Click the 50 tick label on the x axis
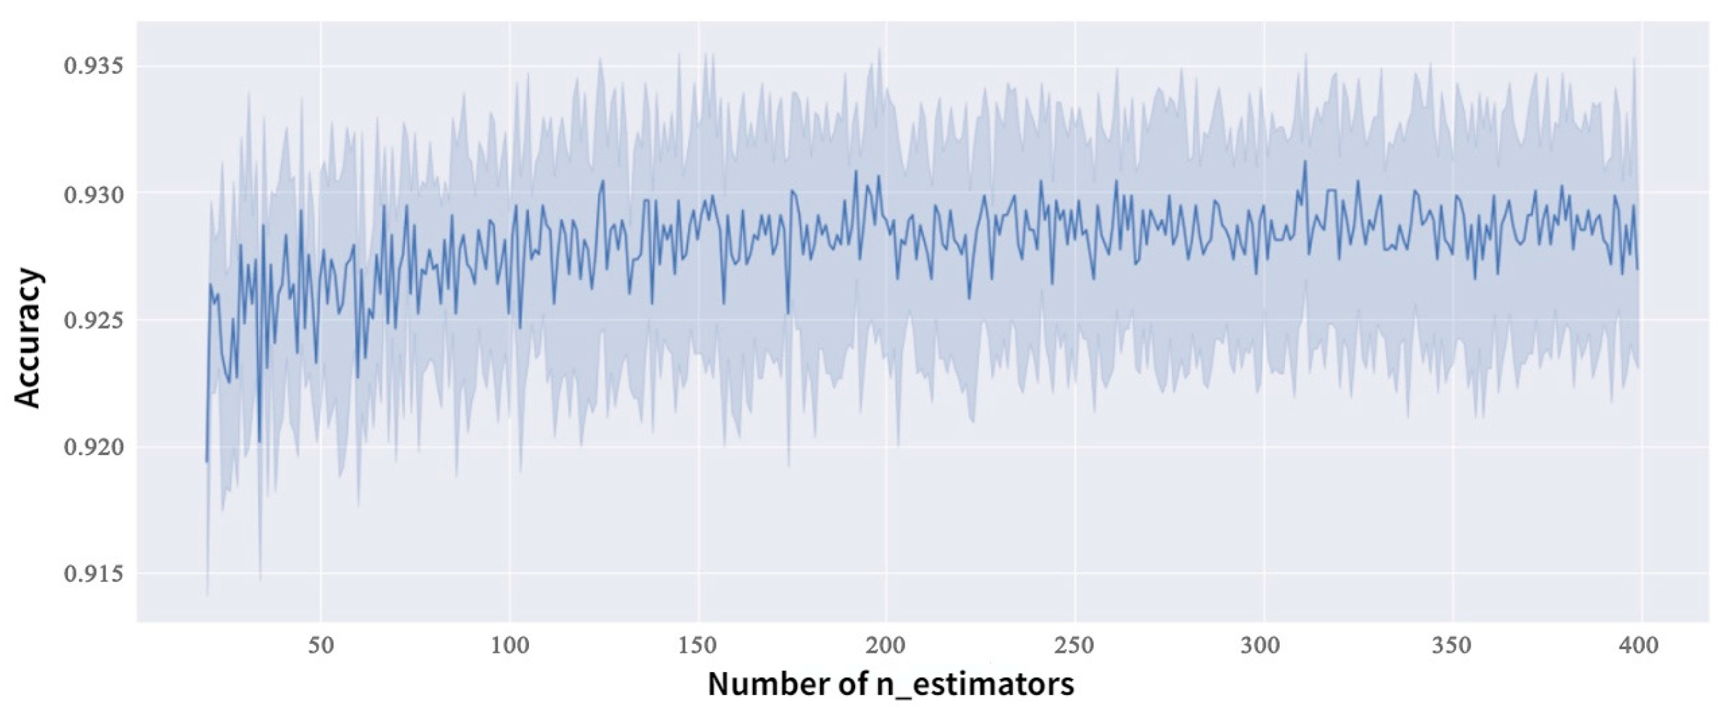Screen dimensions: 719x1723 320,647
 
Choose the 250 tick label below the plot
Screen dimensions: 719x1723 1075,647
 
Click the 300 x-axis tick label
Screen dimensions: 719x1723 1263,647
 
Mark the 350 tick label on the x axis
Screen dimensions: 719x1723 1453,647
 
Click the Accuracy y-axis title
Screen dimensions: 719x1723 28,338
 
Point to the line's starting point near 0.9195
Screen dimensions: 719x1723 207,461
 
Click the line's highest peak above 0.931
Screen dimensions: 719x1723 1305,161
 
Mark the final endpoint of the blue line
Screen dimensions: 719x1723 1637,269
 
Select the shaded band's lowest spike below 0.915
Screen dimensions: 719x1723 207,593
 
